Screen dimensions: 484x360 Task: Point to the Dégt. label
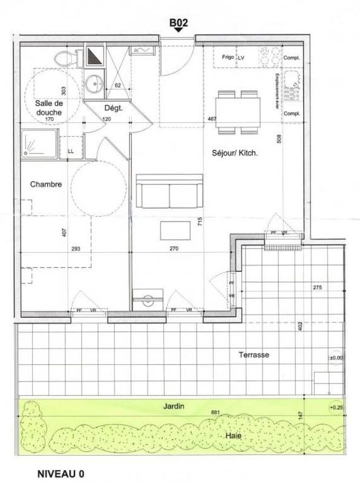114,108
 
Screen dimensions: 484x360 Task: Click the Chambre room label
46,185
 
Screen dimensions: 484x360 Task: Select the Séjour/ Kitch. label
236,154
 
